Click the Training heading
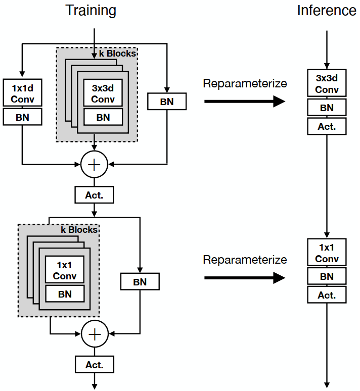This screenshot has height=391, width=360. (91, 11)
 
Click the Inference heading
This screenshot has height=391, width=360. (326, 11)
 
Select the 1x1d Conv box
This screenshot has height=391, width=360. (22, 93)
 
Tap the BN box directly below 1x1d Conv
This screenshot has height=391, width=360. (22, 117)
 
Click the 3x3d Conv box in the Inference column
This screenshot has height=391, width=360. (327, 84)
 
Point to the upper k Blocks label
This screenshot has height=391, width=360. (118, 53)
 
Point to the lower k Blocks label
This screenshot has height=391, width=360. (79, 229)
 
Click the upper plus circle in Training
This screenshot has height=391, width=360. (95, 164)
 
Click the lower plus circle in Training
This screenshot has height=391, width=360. (95, 334)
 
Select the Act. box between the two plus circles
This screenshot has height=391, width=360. (94, 194)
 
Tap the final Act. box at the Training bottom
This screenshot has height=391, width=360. (94, 364)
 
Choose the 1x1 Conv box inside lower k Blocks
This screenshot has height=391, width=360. (65, 270)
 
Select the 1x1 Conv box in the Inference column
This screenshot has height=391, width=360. (327, 253)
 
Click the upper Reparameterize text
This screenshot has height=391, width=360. (245, 84)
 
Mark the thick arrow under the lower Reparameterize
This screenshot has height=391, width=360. (245, 277)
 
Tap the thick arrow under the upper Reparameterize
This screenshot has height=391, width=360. (245, 102)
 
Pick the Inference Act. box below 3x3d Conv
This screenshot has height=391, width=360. (327, 126)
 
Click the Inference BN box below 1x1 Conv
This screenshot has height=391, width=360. (327, 276)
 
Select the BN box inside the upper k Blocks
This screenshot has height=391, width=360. (103, 117)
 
